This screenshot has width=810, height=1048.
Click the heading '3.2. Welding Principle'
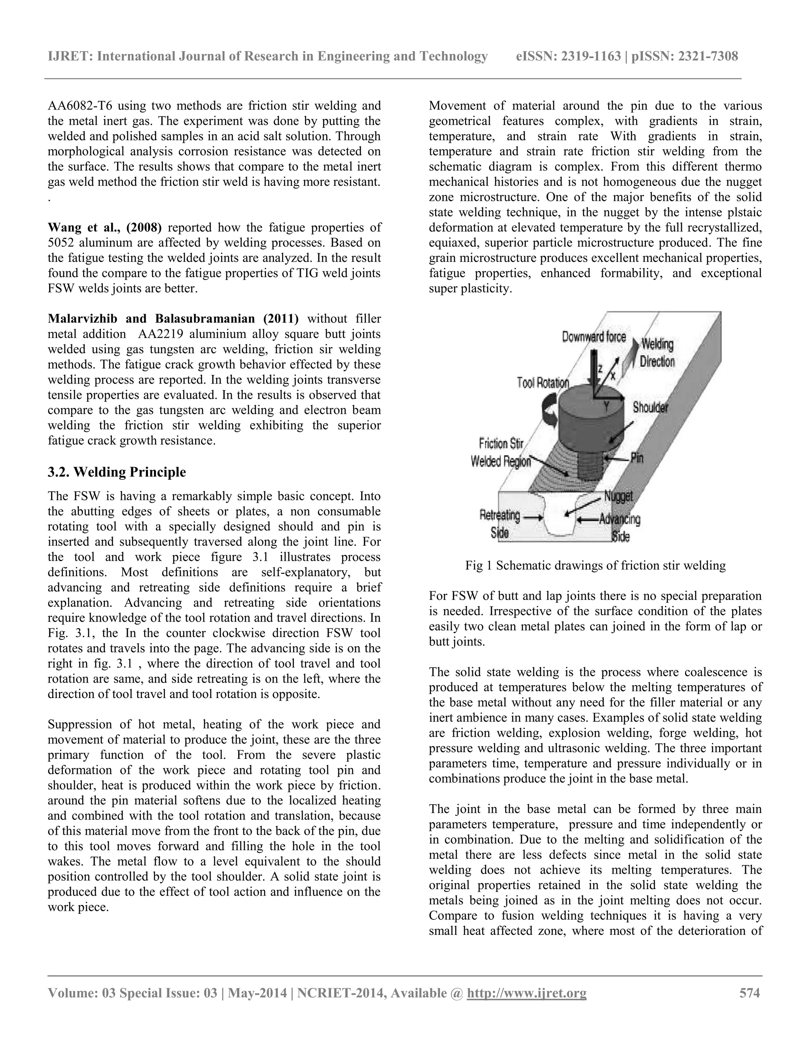click(x=117, y=472)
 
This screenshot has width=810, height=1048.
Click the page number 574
click(x=749, y=993)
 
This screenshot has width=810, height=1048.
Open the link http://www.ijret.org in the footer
click(x=526, y=993)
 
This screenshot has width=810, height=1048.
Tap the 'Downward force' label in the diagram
click(x=594, y=337)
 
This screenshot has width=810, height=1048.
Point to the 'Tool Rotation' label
click(x=543, y=382)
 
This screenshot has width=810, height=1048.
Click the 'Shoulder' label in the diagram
click(x=650, y=407)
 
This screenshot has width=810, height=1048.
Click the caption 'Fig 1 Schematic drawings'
click(x=595, y=566)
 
